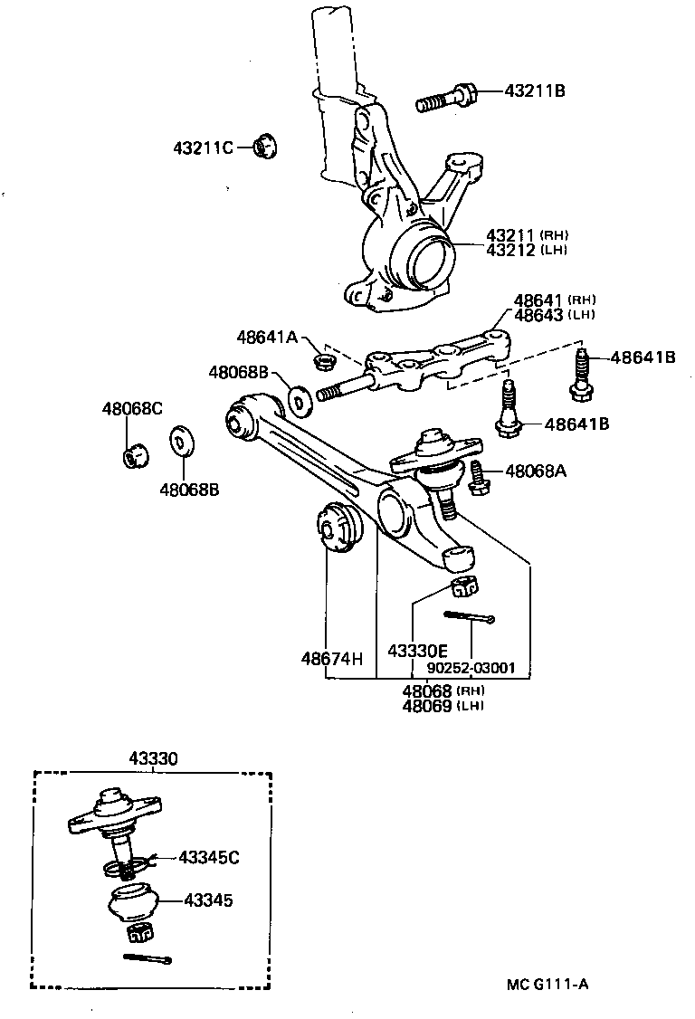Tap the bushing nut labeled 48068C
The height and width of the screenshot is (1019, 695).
134,454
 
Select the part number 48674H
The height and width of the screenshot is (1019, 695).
332,657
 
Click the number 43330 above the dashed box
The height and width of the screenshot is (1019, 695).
153,760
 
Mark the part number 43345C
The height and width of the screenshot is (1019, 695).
209,856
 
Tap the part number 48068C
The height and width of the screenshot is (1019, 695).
131,408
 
